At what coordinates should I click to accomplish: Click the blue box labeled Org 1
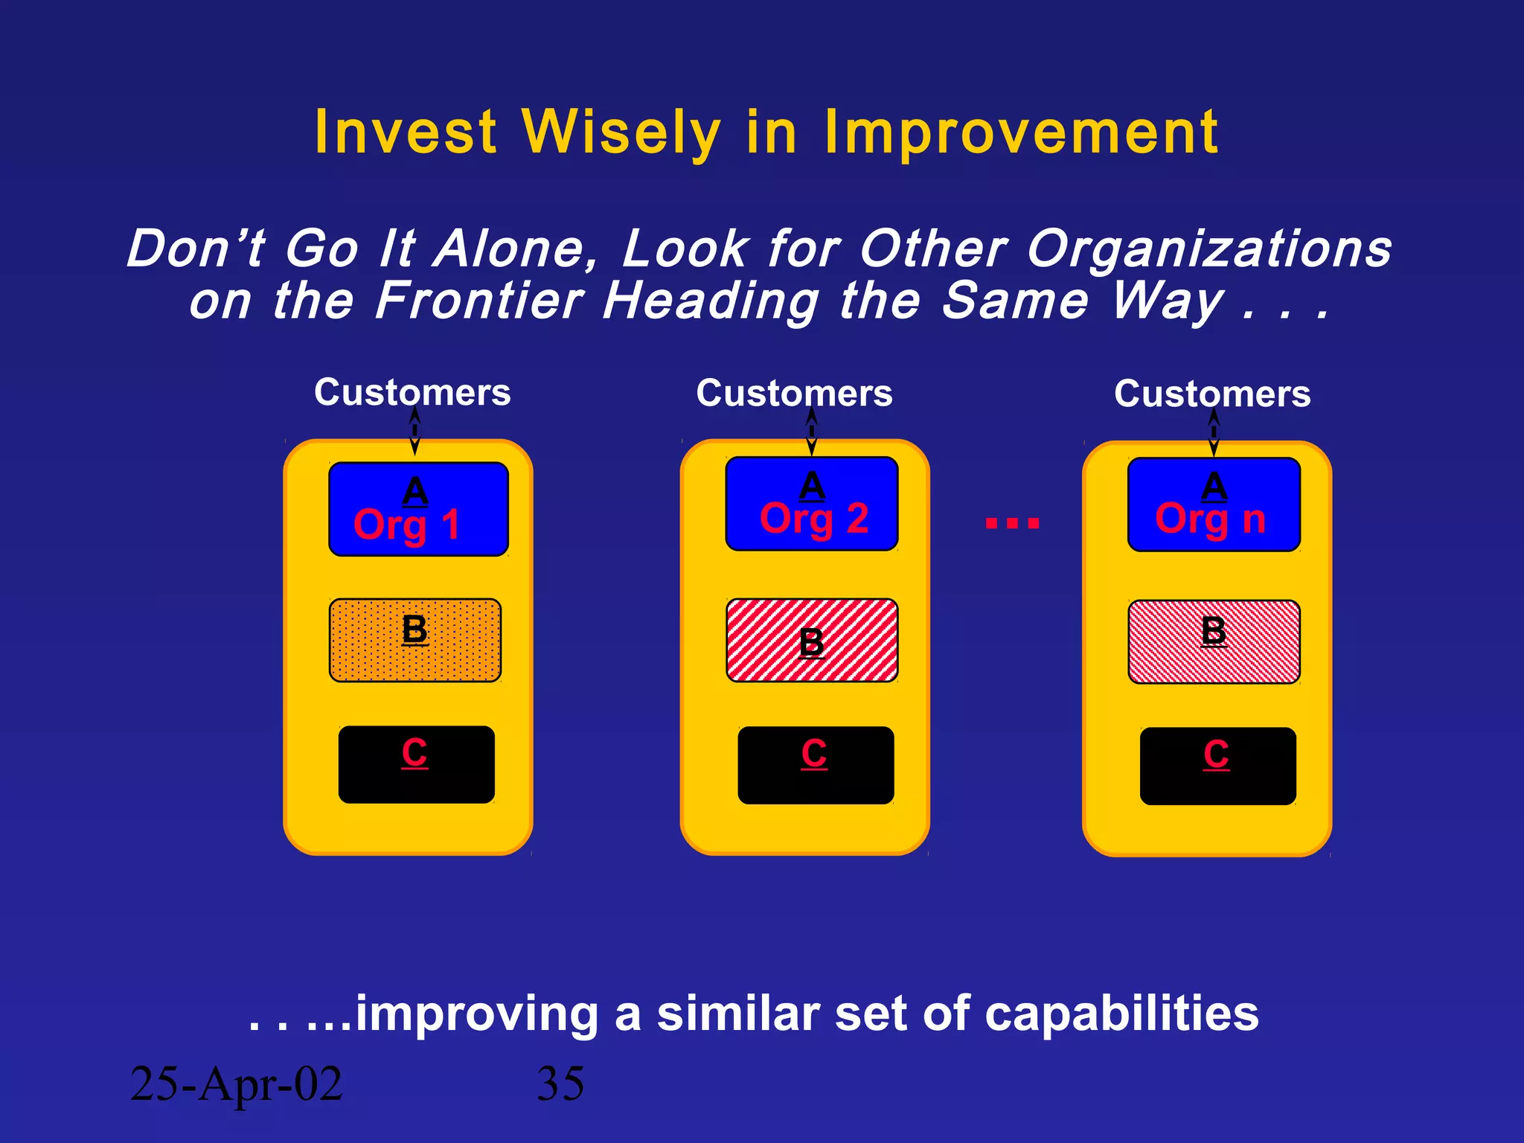(418, 509)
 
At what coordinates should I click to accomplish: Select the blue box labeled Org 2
(811, 504)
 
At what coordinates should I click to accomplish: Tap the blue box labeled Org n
(1213, 505)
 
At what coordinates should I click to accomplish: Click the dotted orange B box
(415, 640)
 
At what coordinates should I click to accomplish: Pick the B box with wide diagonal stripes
(811, 640)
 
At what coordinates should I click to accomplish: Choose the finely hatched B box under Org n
(1213, 641)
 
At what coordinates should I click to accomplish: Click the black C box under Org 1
(416, 764)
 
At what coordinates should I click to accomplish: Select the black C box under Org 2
(816, 765)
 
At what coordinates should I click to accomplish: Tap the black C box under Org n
(1217, 766)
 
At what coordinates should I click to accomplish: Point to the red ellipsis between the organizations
(1012, 523)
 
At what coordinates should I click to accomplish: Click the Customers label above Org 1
(412, 392)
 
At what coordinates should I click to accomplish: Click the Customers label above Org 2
(794, 393)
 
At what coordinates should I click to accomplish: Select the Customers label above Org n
(1211, 394)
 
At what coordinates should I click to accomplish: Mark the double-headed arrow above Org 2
(811, 432)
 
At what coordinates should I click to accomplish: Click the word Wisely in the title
(621, 132)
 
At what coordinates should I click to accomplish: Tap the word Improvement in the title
(1021, 132)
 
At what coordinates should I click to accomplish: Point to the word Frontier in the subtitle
(479, 301)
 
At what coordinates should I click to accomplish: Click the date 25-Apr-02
(236, 1083)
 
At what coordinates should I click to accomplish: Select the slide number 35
(560, 1083)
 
